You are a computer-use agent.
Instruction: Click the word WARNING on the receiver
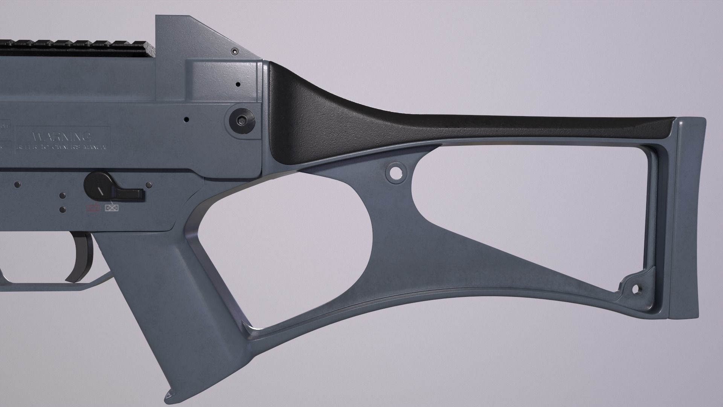tap(62, 136)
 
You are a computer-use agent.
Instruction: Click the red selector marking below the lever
tap(93, 207)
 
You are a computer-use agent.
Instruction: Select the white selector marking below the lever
tap(111, 207)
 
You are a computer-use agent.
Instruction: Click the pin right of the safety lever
tap(149, 185)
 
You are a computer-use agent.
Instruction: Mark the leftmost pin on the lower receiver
tap(17, 185)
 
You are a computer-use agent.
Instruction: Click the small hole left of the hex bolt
tap(186, 119)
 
